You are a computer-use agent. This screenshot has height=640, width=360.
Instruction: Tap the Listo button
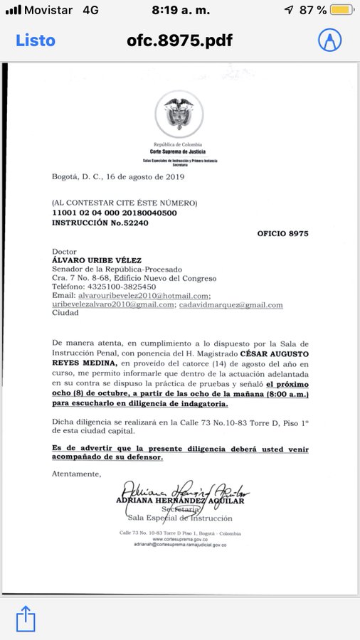click(35, 41)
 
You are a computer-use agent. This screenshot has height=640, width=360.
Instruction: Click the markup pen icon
click(329, 40)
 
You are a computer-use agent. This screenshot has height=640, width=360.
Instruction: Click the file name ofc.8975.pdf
click(180, 41)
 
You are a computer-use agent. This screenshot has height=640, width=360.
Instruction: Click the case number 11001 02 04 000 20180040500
click(115, 213)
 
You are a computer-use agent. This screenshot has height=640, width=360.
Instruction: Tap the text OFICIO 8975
click(282, 233)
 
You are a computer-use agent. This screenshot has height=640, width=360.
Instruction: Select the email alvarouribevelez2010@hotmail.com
click(132, 296)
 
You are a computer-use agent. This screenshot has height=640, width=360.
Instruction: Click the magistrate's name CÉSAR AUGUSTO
click(273, 353)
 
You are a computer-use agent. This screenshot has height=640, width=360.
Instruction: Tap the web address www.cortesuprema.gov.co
click(179, 539)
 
